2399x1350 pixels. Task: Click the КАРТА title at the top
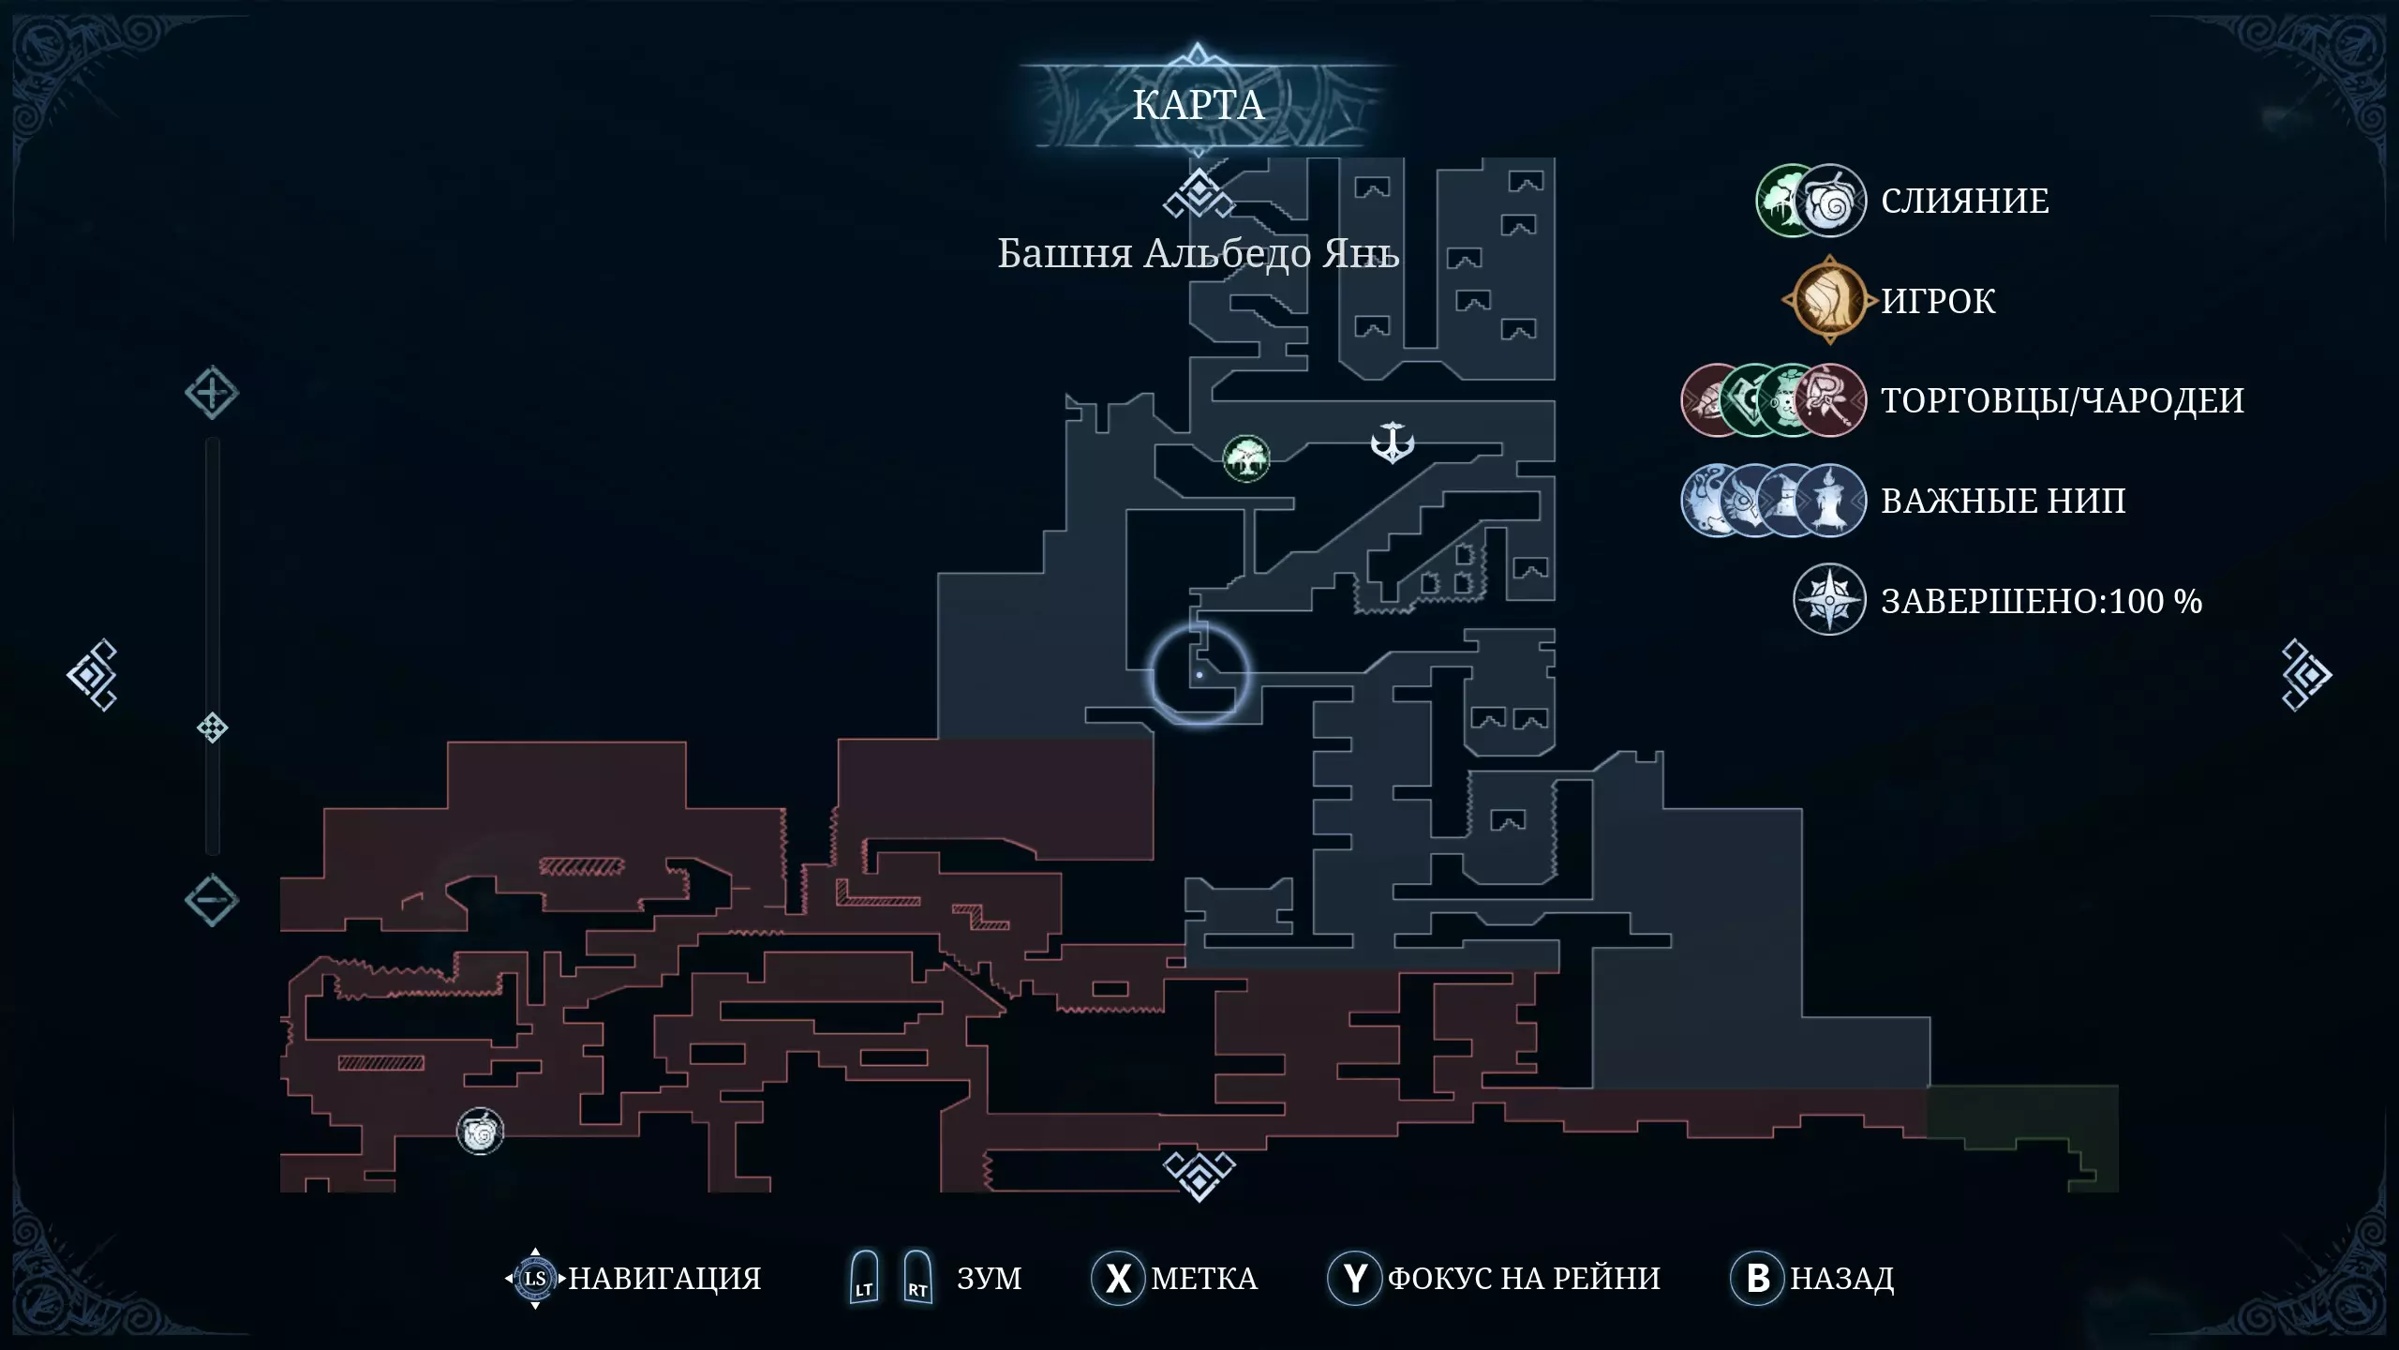coord(1198,105)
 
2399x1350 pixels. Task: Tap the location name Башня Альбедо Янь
coord(1198,253)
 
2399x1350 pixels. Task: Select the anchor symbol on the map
coord(1392,442)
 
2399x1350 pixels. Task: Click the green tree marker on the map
coord(1246,458)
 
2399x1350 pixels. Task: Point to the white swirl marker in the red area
coord(480,1132)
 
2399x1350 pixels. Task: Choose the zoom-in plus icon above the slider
coord(211,393)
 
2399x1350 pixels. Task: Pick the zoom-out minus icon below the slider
coord(211,900)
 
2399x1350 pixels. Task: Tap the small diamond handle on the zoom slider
coord(213,727)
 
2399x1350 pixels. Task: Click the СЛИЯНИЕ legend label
coord(1965,201)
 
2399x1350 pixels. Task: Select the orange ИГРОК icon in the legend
coord(1829,301)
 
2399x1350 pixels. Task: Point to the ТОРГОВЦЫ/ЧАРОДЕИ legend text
coord(2063,400)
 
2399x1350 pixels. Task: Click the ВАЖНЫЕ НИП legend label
coord(2004,501)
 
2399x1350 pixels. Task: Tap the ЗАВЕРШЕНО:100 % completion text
coord(2042,601)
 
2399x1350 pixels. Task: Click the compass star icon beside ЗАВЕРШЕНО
coord(1829,600)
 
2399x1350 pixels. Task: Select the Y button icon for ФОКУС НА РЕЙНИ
coord(1355,1278)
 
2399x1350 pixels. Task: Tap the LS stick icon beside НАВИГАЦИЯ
coord(535,1278)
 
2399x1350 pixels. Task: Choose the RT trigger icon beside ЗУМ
coord(917,1277)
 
